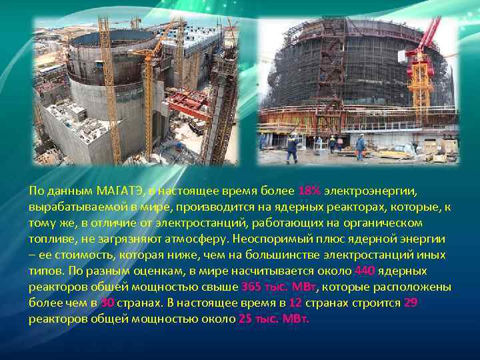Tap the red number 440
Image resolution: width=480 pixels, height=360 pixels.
pyautogui.click(x=366, y=271)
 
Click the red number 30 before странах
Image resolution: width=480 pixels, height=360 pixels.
pyautogui.click(x=109, y=303)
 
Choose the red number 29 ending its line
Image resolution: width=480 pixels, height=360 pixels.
pyautogui.click(x=411, y=303)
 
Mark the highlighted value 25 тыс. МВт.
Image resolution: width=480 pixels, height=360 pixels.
pyautogui.click(x=273, y=319)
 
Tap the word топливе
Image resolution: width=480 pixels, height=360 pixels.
pyautogui.click(x=49, y=239)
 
